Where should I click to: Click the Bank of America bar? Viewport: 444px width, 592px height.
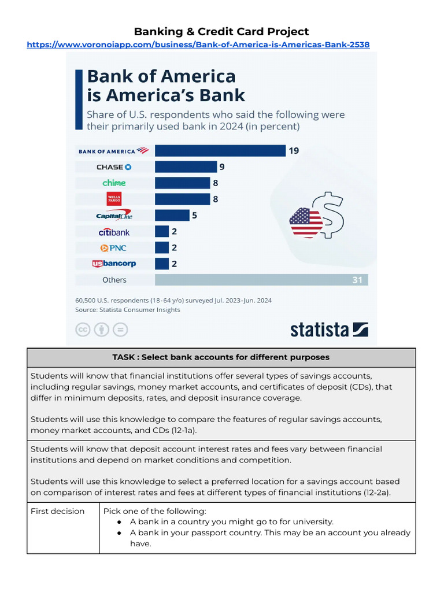pyautogui.click(x=220, y=151)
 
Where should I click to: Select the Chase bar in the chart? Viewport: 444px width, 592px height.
pyautogui.click(x=186, y=167)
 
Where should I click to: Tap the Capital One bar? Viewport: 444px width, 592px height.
pyautogui.click(x=172, y=216)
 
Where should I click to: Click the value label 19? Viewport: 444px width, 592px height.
pyautogui.click(x=294, y=151)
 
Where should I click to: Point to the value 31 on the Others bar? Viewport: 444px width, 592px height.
pyautogui.click(x=357, y=280)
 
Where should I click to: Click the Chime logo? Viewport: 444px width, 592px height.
pyautogui.click(x=114, y=183)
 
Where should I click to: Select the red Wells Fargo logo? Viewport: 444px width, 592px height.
pyautogui.click(x=114, y=199)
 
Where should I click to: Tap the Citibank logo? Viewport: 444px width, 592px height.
pyautogui.click(x=114, y=232)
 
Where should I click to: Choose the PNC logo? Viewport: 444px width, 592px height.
pyautogui.click(x=113, y=248)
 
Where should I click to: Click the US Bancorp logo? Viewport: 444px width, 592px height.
pyautogui.click(x=114, y=264)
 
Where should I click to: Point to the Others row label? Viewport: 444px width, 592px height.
pyautogui.click(x=114, y=280)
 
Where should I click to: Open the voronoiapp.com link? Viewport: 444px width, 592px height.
pyautogui.click(x=198, y=45)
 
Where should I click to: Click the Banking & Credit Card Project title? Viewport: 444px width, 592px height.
pyautogui.click(x=221, y=31)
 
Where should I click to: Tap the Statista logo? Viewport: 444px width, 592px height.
pyautogui.click(x=329, y=330)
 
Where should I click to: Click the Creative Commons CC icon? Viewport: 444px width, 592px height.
pyautogui.click(x=83, y=330)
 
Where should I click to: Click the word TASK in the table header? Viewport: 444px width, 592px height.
pyautogui.click(x=124, y=357)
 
